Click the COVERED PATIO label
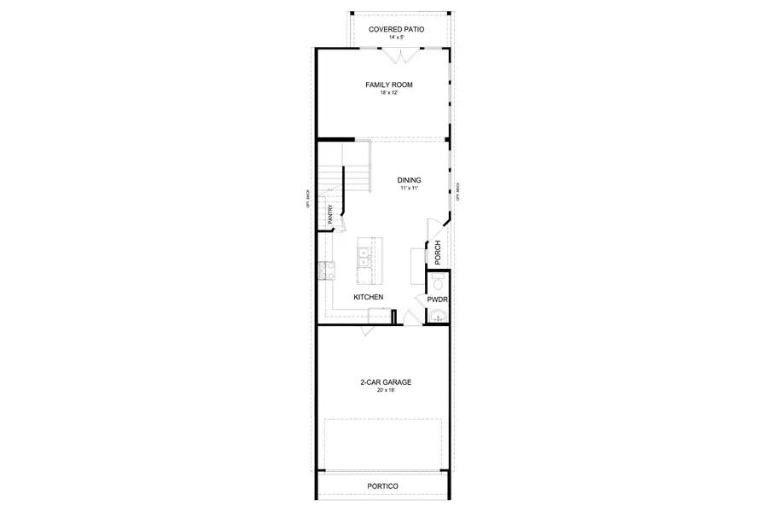[x=397, y=29]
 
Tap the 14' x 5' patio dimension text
[x=397, y=38]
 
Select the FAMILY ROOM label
[x=384, y=84]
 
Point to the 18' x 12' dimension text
[x=384, y=93]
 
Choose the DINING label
[x=410, y=180]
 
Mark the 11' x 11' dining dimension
[x=410, y=189]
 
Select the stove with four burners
[x=325, y=271]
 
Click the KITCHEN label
[x=369, y=297]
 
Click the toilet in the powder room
[x=438, y=282]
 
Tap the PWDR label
[x=438, y=300]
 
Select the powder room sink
[x=439, y=317]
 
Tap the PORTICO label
[x=383, y=486]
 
